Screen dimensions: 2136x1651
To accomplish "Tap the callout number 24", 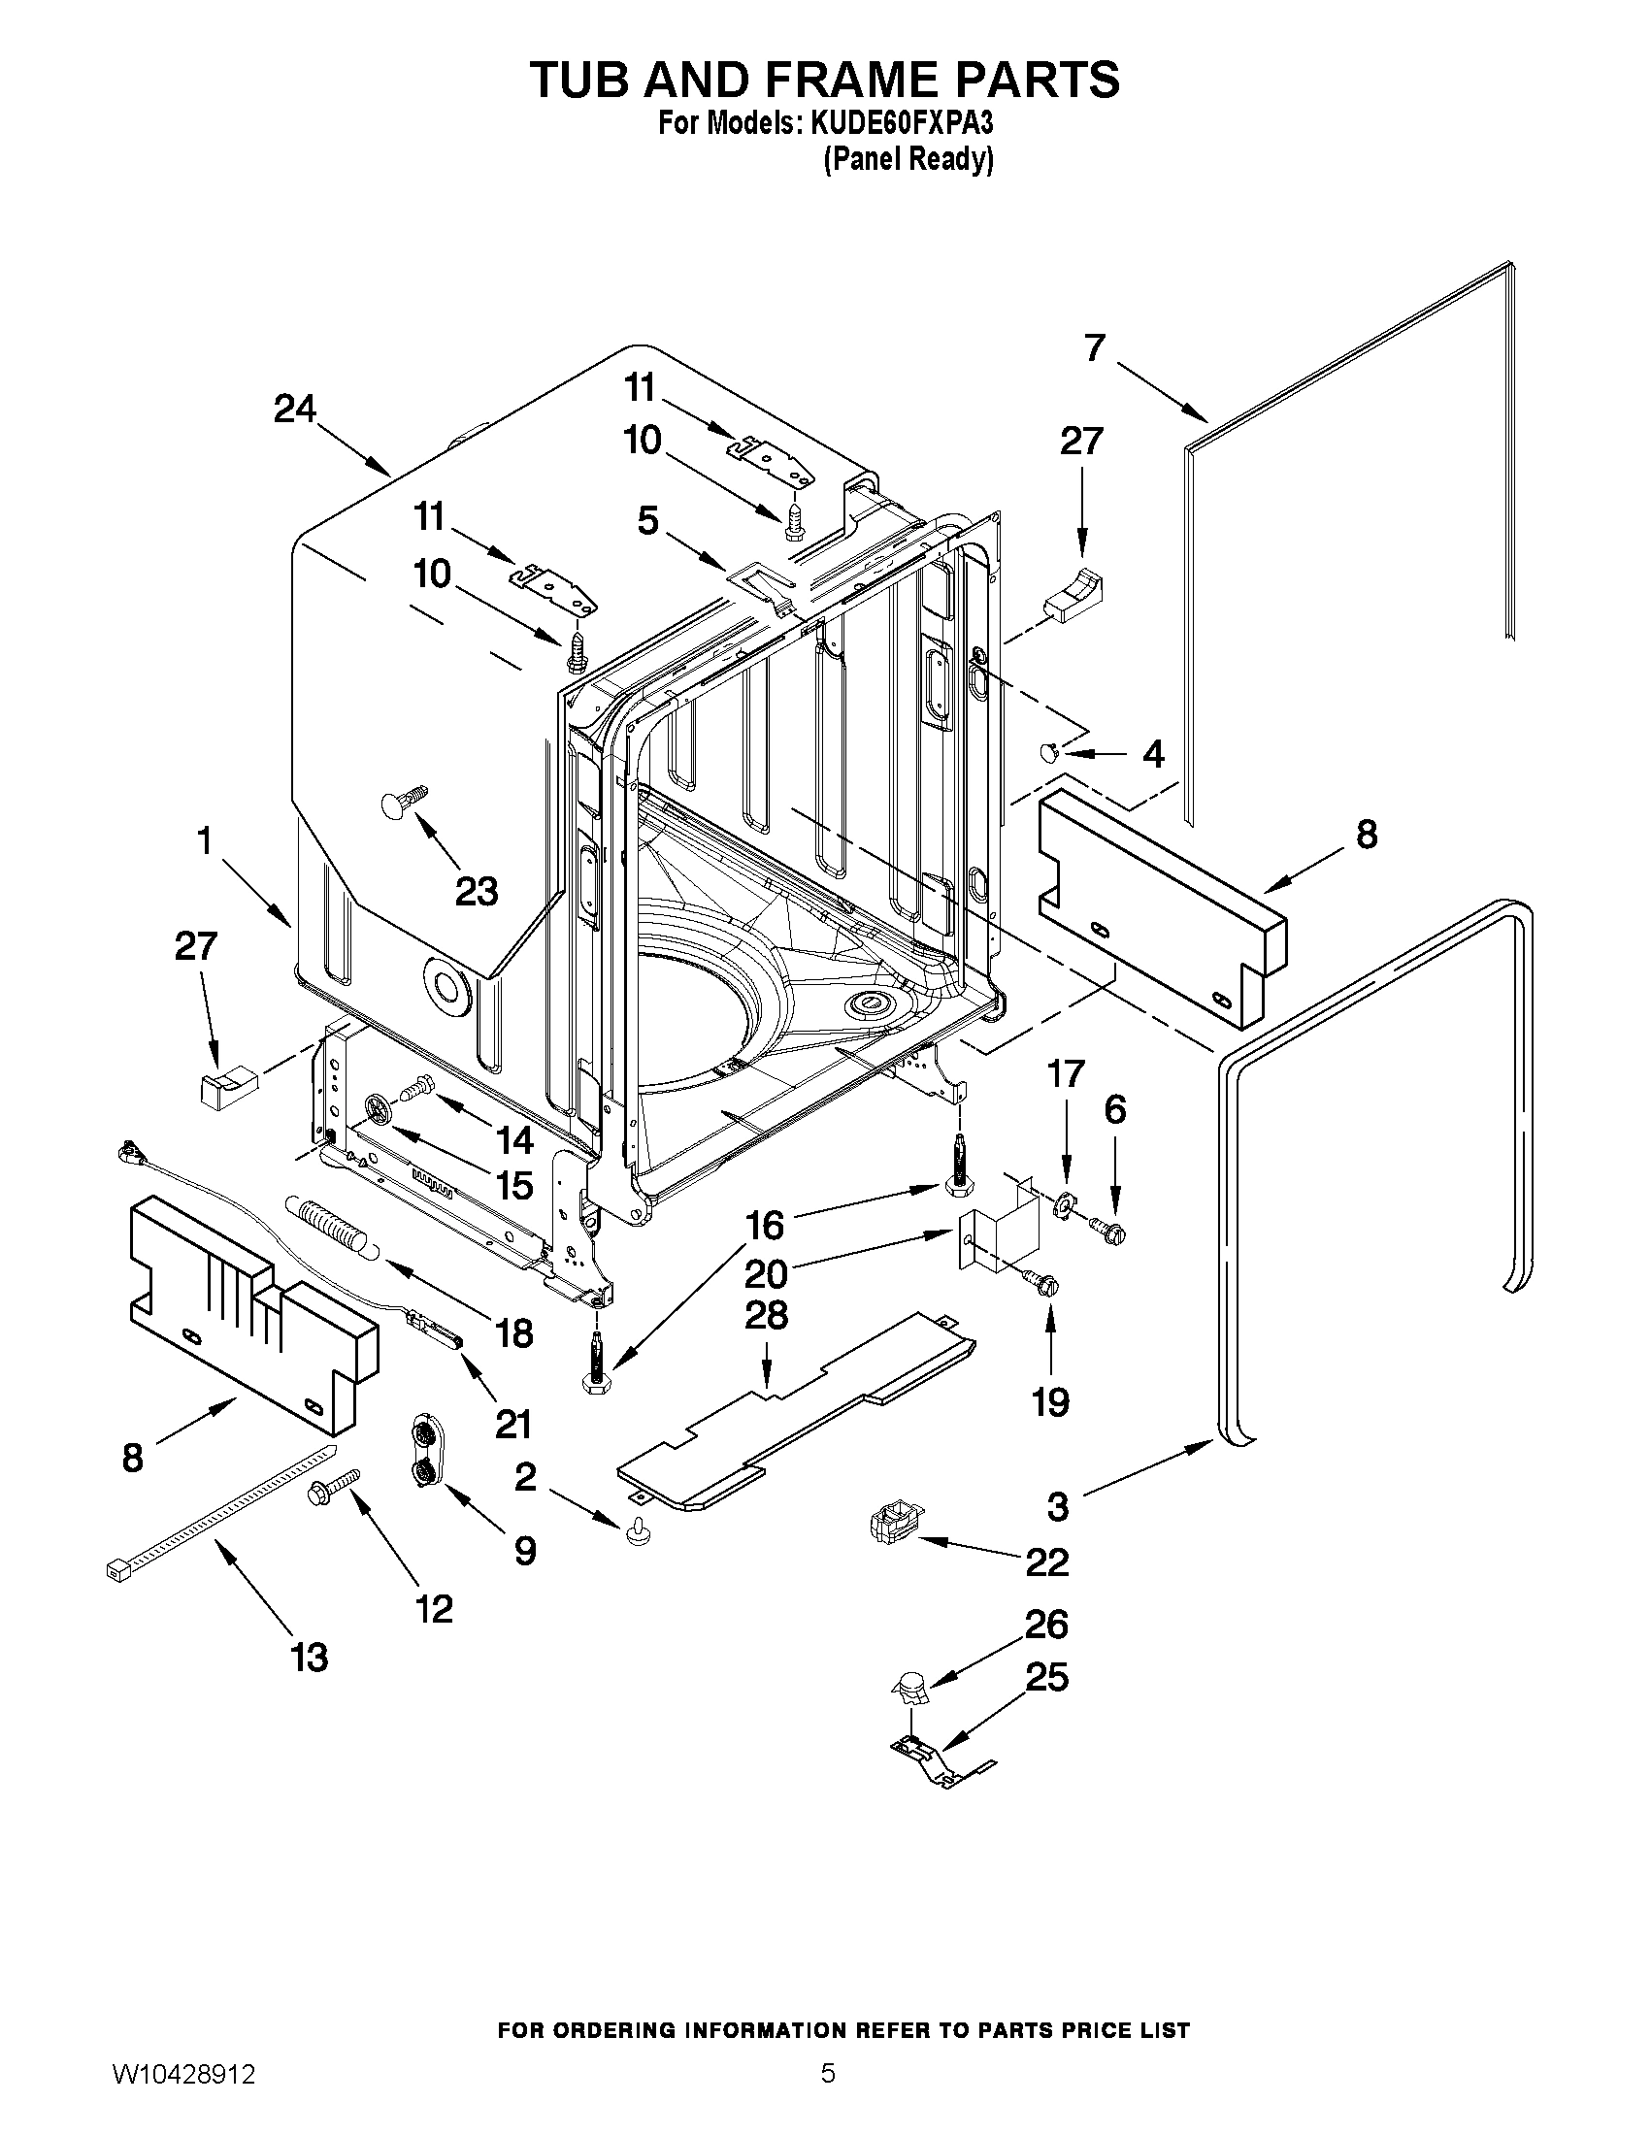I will click(294, 409).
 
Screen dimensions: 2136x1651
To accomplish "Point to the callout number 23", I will click(477, 891).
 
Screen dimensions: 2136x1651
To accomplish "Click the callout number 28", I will click(766, 1314).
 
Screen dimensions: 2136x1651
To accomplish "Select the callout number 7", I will click(1095, 347).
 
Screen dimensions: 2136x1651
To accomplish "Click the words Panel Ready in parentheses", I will click(908, 158).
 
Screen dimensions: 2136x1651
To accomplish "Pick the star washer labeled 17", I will click(1062, 1206).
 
